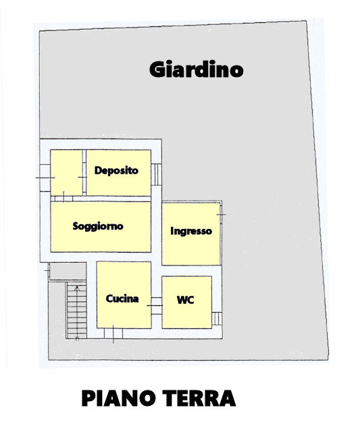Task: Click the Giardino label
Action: [197, 69]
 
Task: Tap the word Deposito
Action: [116, 170]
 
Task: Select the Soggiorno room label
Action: [98, 226]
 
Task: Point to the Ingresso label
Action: [191, 231]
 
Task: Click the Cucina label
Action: [122, 299]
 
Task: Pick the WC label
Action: [185, 300]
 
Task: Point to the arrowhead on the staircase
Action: [77, 288]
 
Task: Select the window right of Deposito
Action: [157, 174]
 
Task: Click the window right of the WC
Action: [217, 319]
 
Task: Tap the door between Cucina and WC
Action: [157, 306]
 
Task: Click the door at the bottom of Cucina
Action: [113, 334]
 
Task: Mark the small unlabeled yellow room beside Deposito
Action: [66, 173]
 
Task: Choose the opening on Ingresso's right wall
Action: [221, 215]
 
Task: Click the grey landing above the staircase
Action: [68, 271]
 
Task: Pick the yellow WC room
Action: [186, 303]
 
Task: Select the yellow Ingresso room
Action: [191, 234]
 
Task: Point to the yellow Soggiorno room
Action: [101, 227]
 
